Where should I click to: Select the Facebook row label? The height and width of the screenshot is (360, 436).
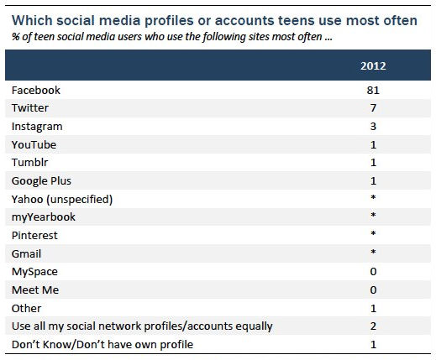(x=34, y=90)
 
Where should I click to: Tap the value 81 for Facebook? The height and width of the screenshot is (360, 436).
(x=372, y=90)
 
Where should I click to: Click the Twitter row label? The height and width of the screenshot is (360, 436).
(x=30, y=108)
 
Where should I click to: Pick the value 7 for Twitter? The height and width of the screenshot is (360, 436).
(x=372, y=108)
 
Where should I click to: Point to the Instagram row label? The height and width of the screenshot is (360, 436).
(x=37, y=126)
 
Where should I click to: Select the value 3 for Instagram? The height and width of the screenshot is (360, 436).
(x=372, y=126)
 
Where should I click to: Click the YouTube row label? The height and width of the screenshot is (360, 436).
(x=34, y=144)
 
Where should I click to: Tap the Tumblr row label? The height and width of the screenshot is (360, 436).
(x=29, y=163)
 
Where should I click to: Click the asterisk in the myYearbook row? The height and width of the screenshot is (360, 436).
(x=372, y=217)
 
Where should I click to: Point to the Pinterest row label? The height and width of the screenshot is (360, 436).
(x=34, y=235)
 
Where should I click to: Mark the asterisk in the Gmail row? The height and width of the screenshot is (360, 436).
(x=372, y=253)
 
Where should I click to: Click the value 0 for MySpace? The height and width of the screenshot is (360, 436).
(x=372, y=271)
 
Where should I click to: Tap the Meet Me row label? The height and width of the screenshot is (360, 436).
(x=34, y=290)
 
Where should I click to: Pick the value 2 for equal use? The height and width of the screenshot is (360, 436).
(x=372, y=326)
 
